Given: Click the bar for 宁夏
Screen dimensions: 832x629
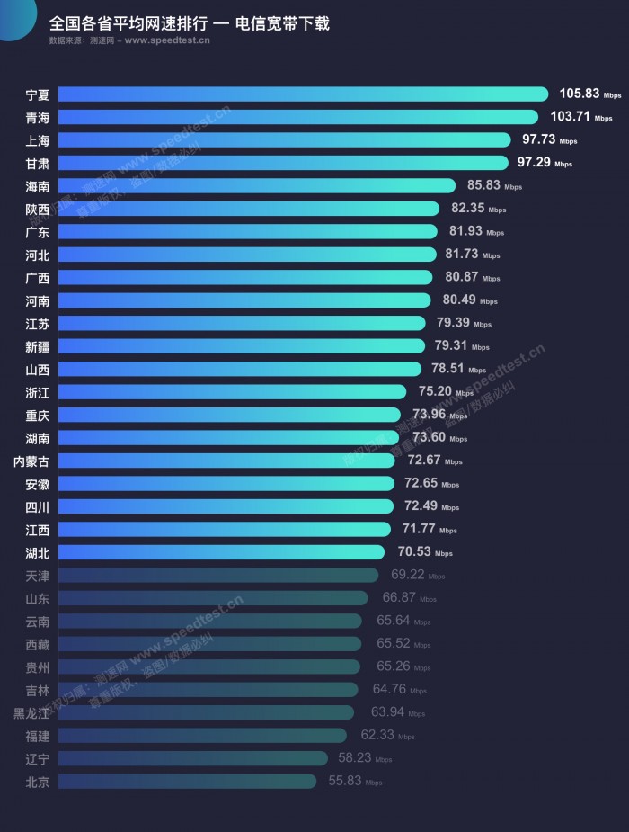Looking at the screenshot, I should [306, 94].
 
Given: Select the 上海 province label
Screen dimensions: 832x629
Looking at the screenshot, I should [38, 139].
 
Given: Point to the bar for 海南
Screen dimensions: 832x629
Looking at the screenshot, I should [261, 185].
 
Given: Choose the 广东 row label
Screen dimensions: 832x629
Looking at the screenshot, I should [38, 231].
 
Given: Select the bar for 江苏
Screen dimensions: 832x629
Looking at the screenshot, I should [243, 323].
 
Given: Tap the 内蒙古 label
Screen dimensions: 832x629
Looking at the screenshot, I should [31, 461].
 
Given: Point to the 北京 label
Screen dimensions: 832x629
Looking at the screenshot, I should [38, 782].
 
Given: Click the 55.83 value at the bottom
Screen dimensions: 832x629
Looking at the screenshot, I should [344, 782].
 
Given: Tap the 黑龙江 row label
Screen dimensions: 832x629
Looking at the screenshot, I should [31, 713].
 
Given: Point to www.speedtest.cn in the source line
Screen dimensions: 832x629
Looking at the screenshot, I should [168, 40].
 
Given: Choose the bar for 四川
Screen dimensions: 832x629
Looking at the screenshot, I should [229, 506].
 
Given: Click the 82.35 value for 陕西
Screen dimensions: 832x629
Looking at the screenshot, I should [467, 209].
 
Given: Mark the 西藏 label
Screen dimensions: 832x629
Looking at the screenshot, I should [38, 644].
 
